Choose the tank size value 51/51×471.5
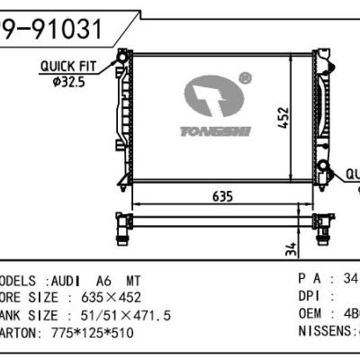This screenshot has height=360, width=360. pyautogui.click(x=118, y=314)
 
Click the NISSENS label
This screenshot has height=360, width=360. pyautogui.click(x=324, y=331)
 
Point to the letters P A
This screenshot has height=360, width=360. pyautogui.click(x=311, y=280)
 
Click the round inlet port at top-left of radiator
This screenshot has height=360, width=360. pyautogui.click(x=121, y=62)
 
